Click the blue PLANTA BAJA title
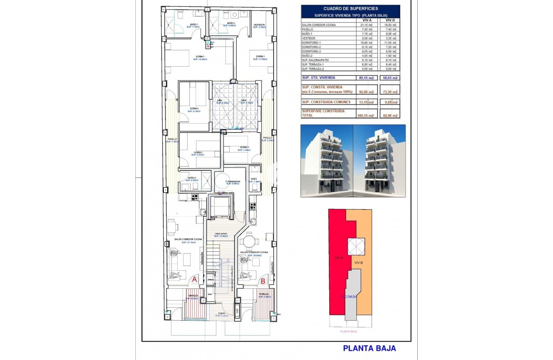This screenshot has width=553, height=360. [x=369, y=348]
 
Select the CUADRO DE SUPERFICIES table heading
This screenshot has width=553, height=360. [x=350, y=8]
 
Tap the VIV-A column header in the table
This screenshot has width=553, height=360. [x=367, y=20]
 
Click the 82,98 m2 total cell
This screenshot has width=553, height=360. [x=389, y=115]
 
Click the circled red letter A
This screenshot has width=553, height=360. [x=194, y=280]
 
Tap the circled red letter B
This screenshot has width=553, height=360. [x=263, y=282]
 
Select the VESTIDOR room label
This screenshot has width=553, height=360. [x=259, y=25]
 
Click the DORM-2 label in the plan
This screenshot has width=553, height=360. [x=194, y=109]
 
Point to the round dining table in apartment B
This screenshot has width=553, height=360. [x=249, y=242]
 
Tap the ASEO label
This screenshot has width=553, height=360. [x=254, y=179]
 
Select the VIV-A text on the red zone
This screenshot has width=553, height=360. [x=339, y=258]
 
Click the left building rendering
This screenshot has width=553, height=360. [x=326, y=161]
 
